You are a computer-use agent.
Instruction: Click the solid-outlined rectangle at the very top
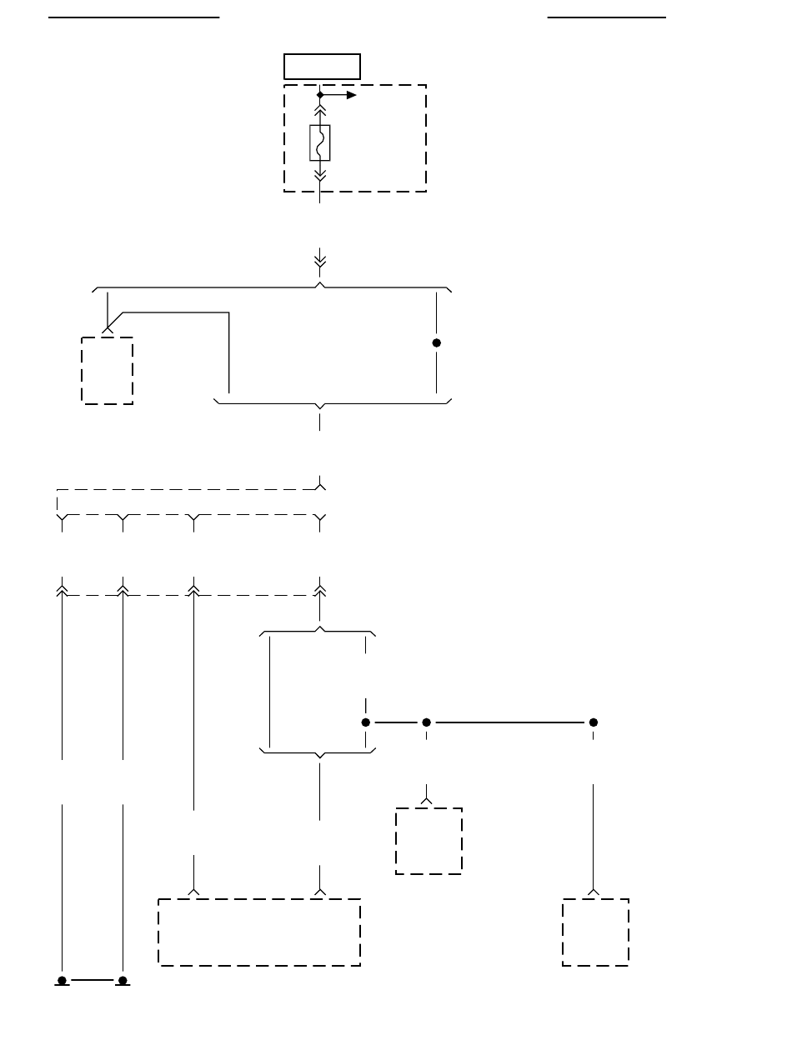[322, 66]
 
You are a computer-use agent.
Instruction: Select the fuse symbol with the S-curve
[320, 142]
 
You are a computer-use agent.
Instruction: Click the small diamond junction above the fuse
[320, 95]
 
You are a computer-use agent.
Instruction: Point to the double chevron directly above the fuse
[320, 110]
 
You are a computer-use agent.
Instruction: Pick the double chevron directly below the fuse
[320, 174]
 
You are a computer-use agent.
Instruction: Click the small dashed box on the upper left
[108, 370]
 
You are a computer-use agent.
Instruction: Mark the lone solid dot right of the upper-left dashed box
[436, 343]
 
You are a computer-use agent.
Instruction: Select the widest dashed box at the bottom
[259, 932]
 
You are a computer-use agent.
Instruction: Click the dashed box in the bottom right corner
[595, 932]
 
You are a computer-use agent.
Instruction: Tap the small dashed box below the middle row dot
[429, 840]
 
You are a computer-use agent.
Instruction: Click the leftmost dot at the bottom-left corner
[63, 980]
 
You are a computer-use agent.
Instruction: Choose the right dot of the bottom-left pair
[123, 980]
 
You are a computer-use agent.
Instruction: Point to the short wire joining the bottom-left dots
[93, 980]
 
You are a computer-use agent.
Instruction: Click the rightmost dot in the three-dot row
[594, 722]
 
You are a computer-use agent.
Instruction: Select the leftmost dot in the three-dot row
[365, 722]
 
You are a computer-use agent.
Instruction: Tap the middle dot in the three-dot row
[426, 722]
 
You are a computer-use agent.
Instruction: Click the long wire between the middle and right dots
[509, 722]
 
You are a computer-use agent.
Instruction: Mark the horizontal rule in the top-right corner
[607, 16]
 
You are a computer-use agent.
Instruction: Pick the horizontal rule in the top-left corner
[133, 16]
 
